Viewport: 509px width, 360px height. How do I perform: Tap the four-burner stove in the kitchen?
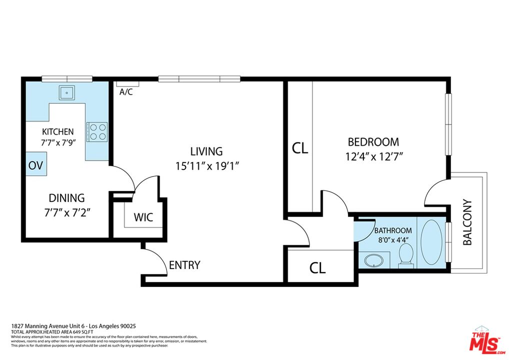[x=96, y=132]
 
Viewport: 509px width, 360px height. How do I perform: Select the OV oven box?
[x=35, y=165]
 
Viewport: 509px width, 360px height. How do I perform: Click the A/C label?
[x=126, y=92]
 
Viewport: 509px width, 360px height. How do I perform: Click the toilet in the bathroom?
[x=406, y=254]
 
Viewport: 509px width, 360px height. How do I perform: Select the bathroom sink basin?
[x=371, y=260]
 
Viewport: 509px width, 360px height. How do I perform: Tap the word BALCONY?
[x=467, y=222]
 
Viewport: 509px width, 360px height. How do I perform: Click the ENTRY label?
[x=184, y=265]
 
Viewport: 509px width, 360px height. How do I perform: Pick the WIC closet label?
[x=143, y=218]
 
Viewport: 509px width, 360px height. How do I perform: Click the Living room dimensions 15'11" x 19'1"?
[x=206, y=165]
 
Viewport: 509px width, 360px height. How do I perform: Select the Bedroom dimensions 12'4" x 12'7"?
[x=374, y=156]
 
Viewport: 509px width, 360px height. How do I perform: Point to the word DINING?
[x=66, y=198]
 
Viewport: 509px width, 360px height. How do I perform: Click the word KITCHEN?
[x=57, y=132]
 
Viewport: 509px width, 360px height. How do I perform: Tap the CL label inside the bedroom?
[x=300, y=148]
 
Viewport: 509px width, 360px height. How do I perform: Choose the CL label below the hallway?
[x=317, y=268]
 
